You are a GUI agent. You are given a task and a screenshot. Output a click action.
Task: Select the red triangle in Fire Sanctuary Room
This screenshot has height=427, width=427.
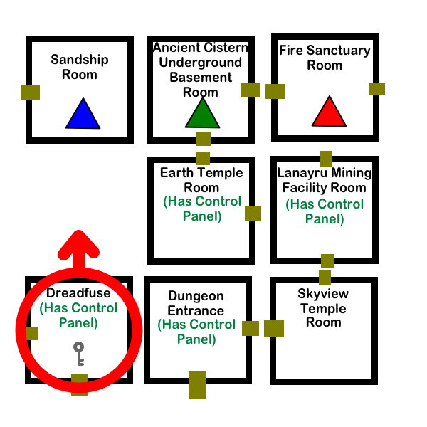[328, 112]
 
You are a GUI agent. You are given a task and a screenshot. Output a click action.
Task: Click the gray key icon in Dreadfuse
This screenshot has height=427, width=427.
[79, 353]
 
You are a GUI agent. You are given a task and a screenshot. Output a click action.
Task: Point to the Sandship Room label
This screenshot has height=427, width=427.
[80, 67]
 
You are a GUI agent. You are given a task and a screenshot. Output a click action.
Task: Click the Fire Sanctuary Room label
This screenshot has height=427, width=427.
[325, 58]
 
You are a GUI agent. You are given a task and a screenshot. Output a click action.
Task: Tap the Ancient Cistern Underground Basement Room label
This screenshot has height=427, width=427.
[201, 70]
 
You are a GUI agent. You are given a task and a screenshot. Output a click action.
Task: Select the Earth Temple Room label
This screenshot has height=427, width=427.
[201, 180]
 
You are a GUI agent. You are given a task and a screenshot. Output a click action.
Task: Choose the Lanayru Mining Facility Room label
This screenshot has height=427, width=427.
[325, 180]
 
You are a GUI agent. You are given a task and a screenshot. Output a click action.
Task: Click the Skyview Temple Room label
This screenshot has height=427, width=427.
[323, 307]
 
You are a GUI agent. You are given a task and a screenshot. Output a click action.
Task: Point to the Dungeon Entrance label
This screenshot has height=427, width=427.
[196, 303]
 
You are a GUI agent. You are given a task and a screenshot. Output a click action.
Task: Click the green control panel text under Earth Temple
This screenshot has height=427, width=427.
[202, 209]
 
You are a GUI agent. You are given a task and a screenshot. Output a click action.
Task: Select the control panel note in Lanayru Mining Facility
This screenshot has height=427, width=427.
[325, 211]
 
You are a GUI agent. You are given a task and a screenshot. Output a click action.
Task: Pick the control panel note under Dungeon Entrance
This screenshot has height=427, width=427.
[196, 332]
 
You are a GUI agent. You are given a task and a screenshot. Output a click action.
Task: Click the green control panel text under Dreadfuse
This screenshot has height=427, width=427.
[78, 315]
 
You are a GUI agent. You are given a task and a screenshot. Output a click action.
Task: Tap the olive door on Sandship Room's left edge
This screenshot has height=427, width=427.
[30, 92]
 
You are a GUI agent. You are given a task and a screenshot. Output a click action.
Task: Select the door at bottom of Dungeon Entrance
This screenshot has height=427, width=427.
[197, 379]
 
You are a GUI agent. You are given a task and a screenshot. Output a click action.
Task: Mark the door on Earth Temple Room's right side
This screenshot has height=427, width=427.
[258, 213]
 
